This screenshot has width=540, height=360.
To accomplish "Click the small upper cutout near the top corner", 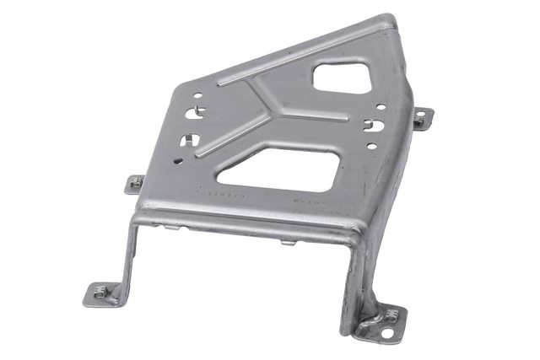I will pos(342,78).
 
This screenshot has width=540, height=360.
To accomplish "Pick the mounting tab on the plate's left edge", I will pos(134,184).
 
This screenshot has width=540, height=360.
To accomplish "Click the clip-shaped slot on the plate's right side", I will pos(373,126).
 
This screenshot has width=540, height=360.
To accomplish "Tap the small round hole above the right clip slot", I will pos(381,107).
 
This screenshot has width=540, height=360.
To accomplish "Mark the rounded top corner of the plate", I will pos(391,20).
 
